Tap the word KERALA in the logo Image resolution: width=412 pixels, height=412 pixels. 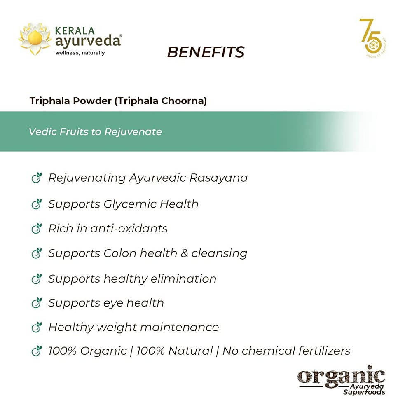75,31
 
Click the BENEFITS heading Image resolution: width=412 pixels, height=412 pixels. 206,52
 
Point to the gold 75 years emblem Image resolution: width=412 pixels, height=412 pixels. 372,38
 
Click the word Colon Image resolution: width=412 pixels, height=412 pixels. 119,253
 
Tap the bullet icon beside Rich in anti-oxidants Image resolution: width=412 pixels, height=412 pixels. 37,229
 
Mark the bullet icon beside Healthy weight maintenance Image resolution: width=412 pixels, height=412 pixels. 37,328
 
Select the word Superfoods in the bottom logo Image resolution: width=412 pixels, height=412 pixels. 365,392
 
